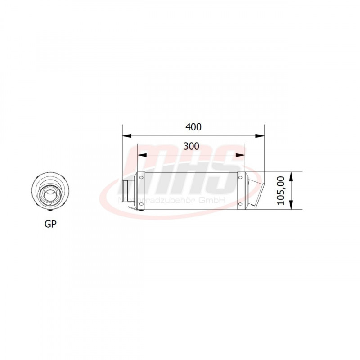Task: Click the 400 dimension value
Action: [193, 127]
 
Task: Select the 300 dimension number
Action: [191, 146]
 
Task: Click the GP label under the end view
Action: [51, 224]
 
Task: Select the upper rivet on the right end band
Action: [241, 178]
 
